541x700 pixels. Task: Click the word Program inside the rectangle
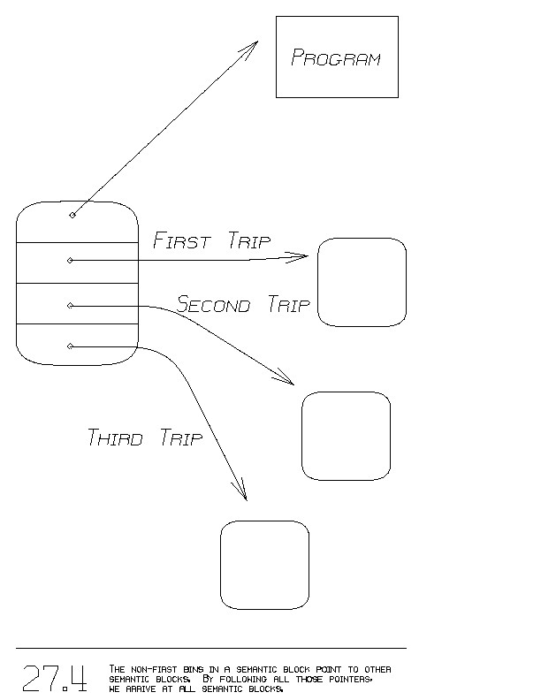coord(336,58)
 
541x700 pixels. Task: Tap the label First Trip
coord(212,240)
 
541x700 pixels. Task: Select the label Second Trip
coord(244,306)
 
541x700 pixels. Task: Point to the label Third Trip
coord(145,437)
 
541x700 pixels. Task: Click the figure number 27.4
coord(55,678)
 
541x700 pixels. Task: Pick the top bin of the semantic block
coord(77,223)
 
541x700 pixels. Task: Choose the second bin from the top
coord(77,262)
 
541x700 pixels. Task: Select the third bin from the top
coord(77,303)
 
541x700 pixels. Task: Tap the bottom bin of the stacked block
coord(77,345)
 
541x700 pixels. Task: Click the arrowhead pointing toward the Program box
coord(251,45)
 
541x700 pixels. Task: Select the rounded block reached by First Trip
coord(362,282)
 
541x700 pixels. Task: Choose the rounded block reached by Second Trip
coord(346,437)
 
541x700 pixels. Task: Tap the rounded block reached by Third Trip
coord(264,565)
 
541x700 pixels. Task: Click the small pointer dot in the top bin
coord(72,215)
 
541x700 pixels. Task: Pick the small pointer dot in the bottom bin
coord(70,346)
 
